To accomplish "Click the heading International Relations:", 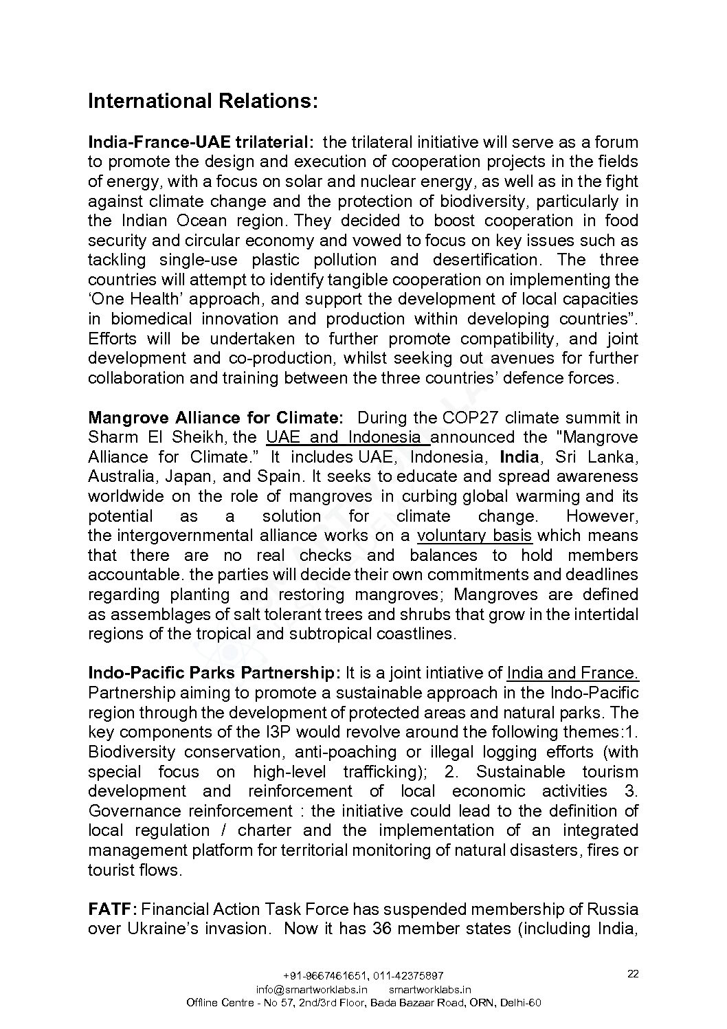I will tap(203, 102).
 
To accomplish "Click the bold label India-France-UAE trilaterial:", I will tap(201, 142).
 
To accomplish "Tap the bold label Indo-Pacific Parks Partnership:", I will tap(214, 673).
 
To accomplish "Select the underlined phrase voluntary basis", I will tap(474, 535).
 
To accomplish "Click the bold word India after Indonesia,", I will tap(519, 457).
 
